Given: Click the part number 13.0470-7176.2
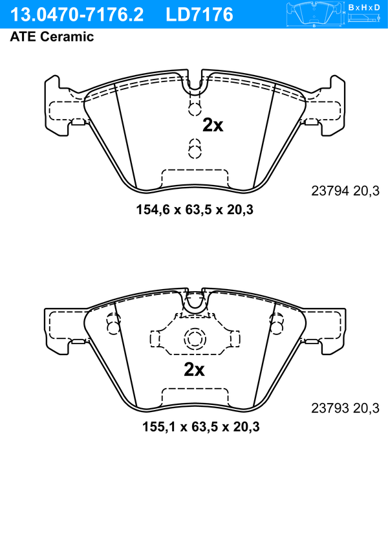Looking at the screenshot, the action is (x=77, y=15).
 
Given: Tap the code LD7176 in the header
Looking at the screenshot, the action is (x=199, y=15).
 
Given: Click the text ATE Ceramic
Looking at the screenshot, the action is (x=52, y=37).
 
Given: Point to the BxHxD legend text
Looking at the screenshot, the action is (x=364, y=7).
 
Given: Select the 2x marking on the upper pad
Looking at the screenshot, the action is (x=213, y=125).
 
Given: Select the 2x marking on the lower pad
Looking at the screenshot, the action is (x=194, y=370).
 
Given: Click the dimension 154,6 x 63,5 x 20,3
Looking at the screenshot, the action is (x=195, y=210).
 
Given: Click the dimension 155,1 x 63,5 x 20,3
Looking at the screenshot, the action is (x=201, y=426).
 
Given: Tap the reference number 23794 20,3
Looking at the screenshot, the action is (x=345, y=191).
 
